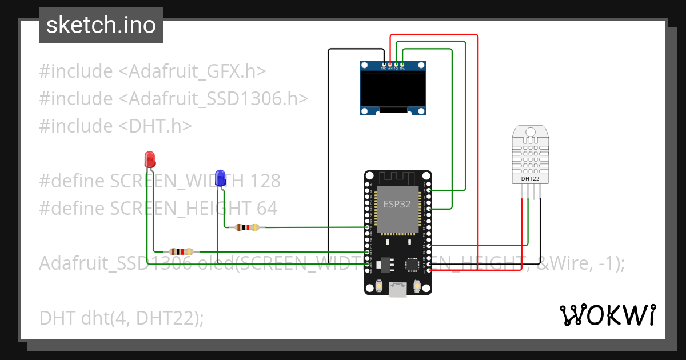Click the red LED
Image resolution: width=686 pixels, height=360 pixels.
(150, 159)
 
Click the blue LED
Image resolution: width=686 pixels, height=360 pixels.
(220, 178)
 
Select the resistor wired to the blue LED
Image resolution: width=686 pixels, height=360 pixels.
(246, 227)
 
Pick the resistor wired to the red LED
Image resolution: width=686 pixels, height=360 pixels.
(181, 251)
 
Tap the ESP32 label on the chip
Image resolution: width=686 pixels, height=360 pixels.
(397, 204)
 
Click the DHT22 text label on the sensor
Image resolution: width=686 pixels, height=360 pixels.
(530, 179)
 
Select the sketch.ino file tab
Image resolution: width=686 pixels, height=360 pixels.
(101, 25)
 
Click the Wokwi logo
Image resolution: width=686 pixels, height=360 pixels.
(607, 315)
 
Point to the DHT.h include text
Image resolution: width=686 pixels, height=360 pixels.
(155, 126)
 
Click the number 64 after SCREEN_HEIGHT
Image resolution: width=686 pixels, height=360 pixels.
(267, 209)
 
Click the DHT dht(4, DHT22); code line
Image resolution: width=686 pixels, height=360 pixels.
(121, 318)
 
